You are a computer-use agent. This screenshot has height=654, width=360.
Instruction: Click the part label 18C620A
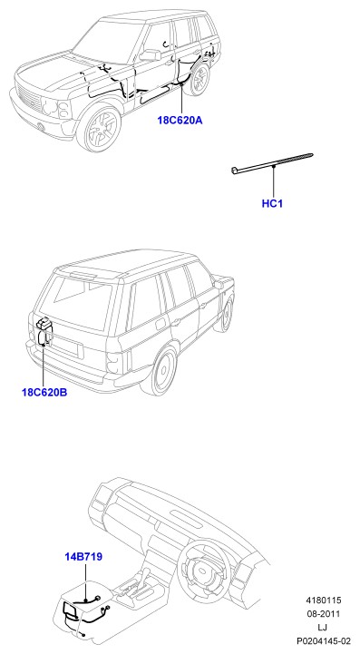click(180, 121)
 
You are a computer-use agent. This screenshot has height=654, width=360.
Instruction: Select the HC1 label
click(272, 203)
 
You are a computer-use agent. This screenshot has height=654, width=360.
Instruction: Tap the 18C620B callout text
click(44, 393)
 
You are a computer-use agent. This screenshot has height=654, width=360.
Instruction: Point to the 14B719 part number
click(83, 556)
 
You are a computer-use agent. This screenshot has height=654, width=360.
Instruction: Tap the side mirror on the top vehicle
click(151, 54)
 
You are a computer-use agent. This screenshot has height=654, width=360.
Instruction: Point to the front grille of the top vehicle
click(28, 99)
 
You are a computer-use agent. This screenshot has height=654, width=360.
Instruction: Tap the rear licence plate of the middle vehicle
click(69, 349)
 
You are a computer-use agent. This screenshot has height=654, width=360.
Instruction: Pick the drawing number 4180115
click(324, 600)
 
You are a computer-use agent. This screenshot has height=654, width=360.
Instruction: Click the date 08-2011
click(324, 614)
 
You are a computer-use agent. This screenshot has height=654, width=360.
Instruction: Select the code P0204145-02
click(324, 640)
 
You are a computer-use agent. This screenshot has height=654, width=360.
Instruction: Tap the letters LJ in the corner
click(323, 628)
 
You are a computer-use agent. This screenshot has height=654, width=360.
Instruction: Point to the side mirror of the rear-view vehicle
click(219, 284)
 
